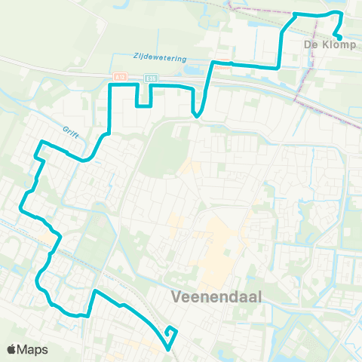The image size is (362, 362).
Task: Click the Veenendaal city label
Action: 216,296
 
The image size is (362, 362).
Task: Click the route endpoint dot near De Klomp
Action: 339,38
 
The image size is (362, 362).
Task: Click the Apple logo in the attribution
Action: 12,349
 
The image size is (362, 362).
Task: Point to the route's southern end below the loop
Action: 168,348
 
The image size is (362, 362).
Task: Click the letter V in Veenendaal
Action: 176,296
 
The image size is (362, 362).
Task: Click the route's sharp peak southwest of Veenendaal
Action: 94,290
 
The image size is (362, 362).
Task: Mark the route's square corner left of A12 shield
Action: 112,87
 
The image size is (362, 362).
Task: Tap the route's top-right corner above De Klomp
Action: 342,14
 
